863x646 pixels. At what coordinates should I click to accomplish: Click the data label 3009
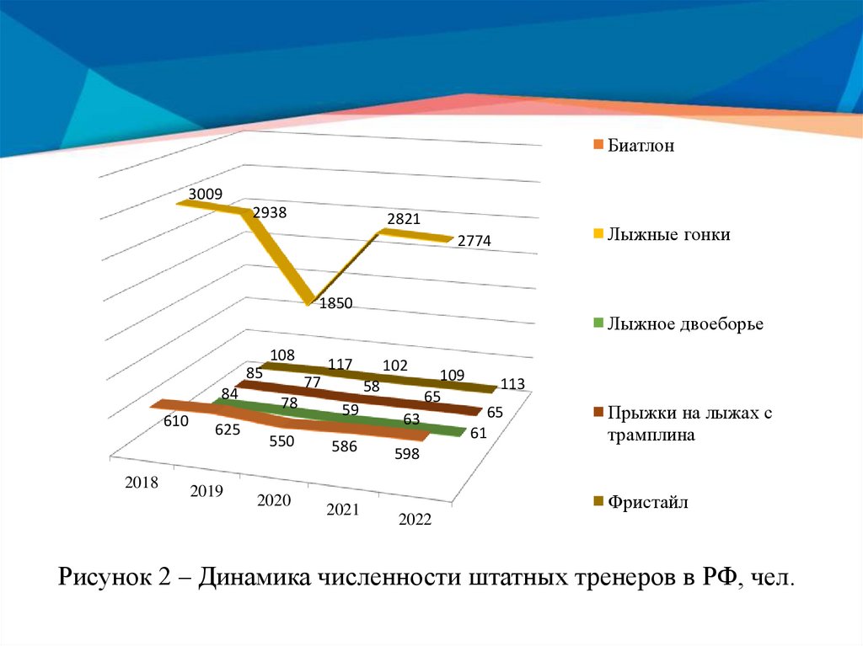[x=206, y=194]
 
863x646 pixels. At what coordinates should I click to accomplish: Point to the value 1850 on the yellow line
[x=335, y=304]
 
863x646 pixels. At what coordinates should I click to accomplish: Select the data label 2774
[x=474, y=241]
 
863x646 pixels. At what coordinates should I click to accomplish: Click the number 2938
[x=270, y=212]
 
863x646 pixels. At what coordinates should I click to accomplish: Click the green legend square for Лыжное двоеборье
[x=598, y=323]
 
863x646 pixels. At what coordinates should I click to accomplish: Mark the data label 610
[x=176, y=421]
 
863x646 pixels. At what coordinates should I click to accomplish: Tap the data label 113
[x=512, y=384]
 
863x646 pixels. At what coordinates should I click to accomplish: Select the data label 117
[x=340, y=365]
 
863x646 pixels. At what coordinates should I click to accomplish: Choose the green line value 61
[x=479, y=434]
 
